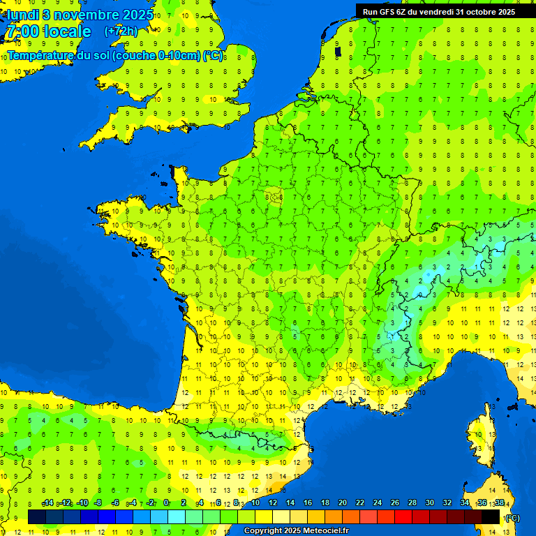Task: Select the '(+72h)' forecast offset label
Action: (x=121, y=31)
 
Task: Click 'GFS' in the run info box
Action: (x=387, y=11)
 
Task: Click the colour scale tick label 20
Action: (x=343, y=503)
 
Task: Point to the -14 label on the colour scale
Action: (x=48, y=503)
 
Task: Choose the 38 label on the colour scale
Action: (x=499, y=503)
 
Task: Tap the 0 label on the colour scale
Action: (x=166, y=503)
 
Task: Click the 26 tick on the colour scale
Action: (x=395, y=503)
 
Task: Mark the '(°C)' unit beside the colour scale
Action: (x=512, y=517)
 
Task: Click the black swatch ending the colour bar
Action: (x=491, y=516)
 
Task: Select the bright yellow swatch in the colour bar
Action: (x=264, y=516)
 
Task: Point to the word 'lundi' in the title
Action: (x=22, y=15)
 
